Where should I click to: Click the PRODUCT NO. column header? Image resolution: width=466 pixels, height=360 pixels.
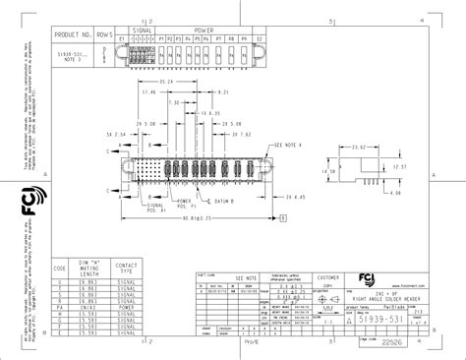tap(74, 34)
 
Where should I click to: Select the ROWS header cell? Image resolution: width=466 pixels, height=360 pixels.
tap(105, 34)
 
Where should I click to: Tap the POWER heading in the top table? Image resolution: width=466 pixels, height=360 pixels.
tap(202, 30)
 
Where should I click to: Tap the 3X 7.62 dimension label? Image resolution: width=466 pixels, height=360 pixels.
tap(240, 133)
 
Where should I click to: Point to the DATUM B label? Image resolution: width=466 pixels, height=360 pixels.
tap(232, 201)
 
